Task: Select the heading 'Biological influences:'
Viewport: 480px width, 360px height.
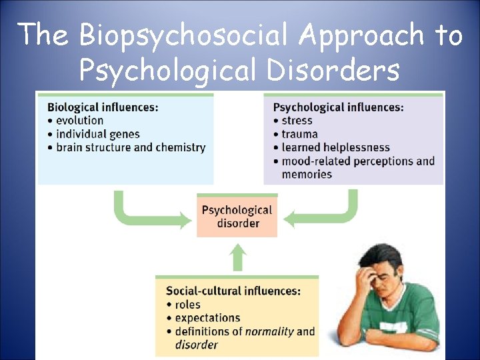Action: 103,107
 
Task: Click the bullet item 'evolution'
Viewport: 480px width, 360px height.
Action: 79,121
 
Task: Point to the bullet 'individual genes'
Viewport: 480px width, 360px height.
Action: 97,134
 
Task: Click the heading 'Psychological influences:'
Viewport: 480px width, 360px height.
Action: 339,107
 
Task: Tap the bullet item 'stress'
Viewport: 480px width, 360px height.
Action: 297,121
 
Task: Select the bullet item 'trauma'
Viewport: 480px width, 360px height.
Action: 299,134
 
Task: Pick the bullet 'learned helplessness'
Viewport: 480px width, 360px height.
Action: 335,147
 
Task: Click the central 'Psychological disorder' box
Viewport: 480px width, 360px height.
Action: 237,216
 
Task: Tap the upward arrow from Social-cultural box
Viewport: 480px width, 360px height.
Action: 238,257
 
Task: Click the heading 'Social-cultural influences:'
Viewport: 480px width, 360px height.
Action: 233,291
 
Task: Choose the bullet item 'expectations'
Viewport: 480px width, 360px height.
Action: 207,318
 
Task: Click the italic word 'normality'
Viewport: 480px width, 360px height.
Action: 269,331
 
